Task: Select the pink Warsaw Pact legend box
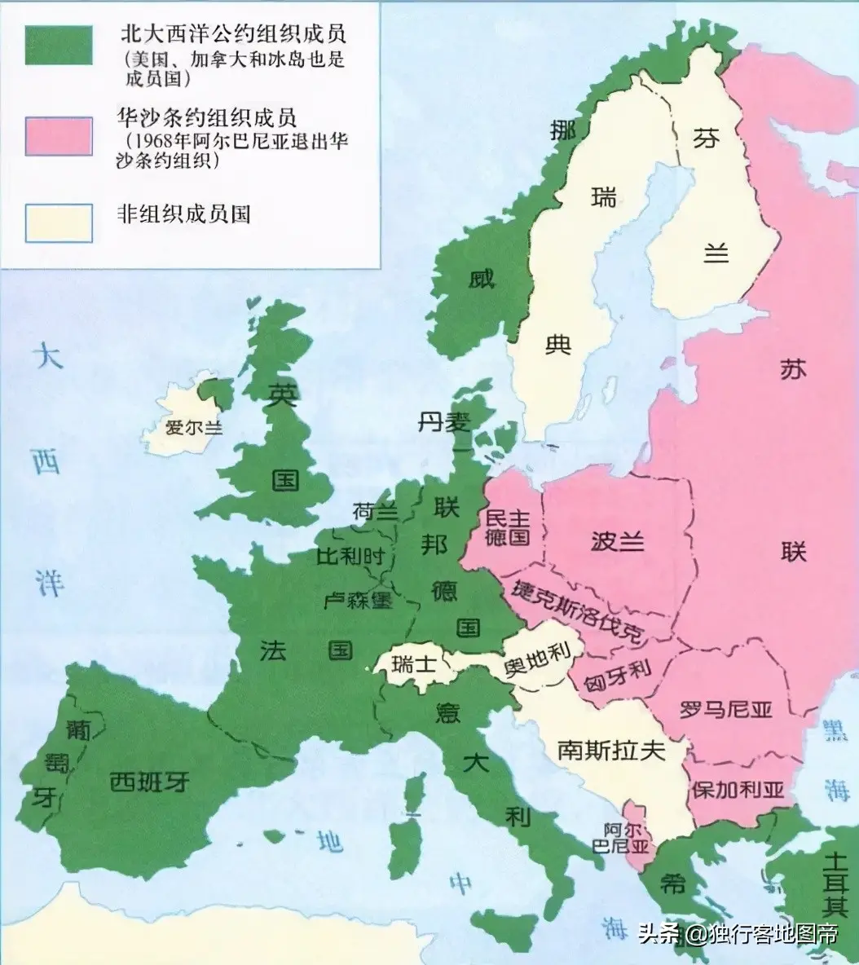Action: [59, 134]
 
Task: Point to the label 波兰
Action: [616, 541]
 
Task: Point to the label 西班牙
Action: [149, 782]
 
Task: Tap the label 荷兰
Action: [376, 512]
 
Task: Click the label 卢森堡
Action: [359, 601]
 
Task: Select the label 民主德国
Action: [507, 526]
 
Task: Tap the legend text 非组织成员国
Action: [183, 214]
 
